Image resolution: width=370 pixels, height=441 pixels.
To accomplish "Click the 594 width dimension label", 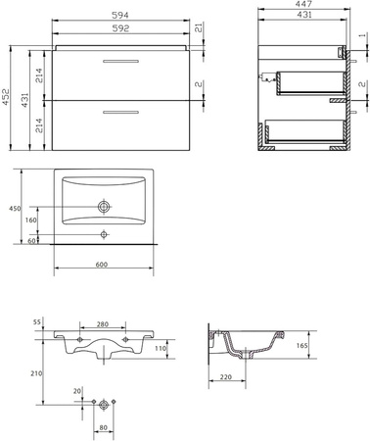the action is tap(120, 15).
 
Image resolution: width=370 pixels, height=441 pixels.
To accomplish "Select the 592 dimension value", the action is tap(120, 28).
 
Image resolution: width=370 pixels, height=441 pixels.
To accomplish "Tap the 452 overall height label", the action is tap(5, 97).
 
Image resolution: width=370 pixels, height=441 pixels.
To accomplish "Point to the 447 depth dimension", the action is tap(303, 4).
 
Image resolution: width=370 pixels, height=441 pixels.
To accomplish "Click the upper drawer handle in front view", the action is tap(121, 61).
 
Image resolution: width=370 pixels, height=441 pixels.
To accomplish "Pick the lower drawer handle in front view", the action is tap(121, 113).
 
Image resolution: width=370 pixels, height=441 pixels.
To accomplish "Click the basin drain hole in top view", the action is tap(104, 207).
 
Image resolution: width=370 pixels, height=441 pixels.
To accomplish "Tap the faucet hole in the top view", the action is tap(104, 234).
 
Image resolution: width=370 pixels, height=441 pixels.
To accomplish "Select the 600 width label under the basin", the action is tap(102, 265).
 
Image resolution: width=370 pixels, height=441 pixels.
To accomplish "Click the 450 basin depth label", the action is tap(15, 209).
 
